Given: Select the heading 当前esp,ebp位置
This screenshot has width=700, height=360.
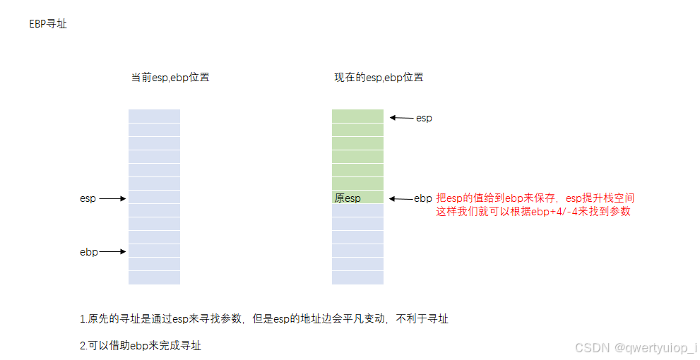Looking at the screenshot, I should (170, 78).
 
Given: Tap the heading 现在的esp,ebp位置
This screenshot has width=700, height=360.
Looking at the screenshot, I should (379, 78).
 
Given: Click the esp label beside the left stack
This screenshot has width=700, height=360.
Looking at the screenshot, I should (88, 199).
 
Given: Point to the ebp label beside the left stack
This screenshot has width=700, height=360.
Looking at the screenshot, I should (88, 252).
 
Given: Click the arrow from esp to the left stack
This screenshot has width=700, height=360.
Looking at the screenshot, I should (112, 199).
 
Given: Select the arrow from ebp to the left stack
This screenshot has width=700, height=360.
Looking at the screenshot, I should (113, 252).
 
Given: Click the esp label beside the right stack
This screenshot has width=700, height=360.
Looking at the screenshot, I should (424, 118).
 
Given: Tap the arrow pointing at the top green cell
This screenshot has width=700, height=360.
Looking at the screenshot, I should (401, 118).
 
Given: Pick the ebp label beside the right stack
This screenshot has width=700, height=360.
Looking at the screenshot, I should (423, 198).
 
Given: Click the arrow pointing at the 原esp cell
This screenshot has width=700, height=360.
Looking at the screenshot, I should (401, 198).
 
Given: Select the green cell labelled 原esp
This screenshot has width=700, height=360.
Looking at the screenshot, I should (357, 198).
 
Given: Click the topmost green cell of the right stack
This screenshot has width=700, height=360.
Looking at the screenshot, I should (357, 116).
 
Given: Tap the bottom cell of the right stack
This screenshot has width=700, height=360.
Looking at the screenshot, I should (357, 277).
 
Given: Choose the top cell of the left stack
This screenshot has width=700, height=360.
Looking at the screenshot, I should (154, 116).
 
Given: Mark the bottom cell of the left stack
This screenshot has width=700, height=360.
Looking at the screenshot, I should (154, 277).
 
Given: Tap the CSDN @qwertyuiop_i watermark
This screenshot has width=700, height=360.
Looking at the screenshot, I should (636, 348).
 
